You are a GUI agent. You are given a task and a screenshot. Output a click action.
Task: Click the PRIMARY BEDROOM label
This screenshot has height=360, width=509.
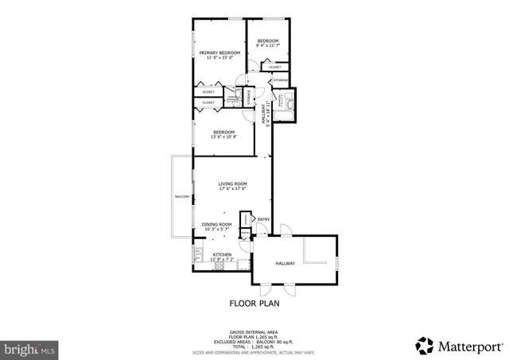point(219,52)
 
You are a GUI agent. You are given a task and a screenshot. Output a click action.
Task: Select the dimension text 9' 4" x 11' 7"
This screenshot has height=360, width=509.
point(266,46)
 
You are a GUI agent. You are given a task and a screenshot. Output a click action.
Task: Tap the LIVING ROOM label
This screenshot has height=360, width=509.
point(233,184)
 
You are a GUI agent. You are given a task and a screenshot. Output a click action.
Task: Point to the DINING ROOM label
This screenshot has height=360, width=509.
point(216,224)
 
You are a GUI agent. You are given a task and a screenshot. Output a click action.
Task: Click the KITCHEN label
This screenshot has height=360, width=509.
point(222,254)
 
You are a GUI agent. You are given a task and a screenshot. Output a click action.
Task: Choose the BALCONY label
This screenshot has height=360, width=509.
point(182,197)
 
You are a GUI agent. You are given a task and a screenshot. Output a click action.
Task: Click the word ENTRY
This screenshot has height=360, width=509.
point(263,219)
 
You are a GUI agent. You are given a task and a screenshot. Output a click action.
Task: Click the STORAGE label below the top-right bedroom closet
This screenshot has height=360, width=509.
point(281,80)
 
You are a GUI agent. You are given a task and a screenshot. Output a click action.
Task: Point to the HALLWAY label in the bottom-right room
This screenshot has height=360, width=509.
point(286,263)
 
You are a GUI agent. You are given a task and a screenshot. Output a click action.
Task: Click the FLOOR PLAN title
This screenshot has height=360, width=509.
point(254,303)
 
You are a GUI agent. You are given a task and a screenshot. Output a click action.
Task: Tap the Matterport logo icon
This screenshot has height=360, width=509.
point(425,346)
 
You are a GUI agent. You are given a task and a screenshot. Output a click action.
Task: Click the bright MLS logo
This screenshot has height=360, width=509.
point(29,348)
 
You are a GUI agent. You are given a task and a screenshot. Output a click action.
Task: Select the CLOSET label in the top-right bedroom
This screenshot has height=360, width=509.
point(274,67)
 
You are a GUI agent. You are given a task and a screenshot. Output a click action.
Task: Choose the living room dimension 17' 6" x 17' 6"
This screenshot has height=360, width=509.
point(233,189)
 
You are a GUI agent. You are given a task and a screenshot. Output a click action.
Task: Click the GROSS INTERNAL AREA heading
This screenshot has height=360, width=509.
point(254,331)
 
